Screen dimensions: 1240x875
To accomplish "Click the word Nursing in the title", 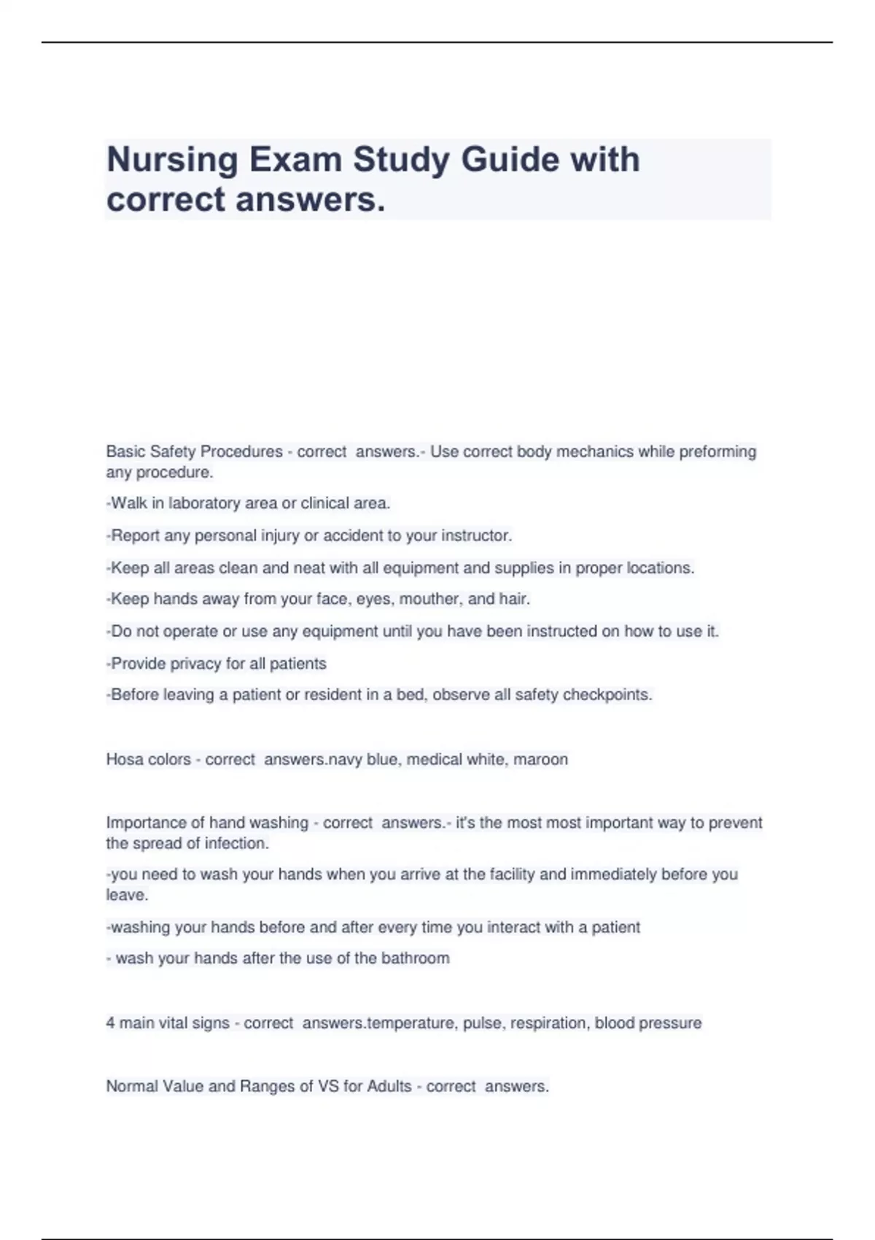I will (x=172, y=160).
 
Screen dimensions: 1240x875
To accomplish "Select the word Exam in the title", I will (x=295, y=160).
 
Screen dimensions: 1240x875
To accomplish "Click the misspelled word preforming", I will (x=717, y=452).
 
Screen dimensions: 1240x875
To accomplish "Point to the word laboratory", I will (x=204, y=503).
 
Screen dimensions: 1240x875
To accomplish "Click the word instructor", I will (x=477, y=535).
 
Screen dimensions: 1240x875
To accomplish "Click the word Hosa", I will (x=125, y=759).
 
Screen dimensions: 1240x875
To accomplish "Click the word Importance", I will (x=146, y=823).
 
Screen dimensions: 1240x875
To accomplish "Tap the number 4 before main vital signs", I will (x=111, y=1023).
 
